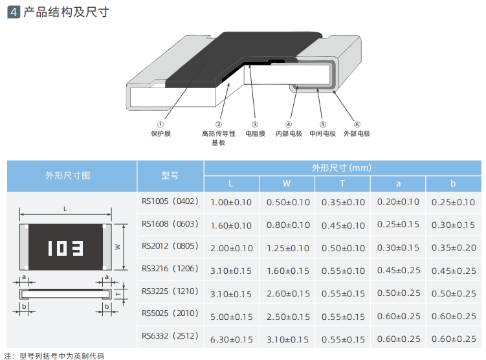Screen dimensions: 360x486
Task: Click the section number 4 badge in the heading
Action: coord(12,12)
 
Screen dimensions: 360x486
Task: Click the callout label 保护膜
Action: coord(160,134)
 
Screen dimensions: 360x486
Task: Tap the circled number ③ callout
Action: coord(255,124)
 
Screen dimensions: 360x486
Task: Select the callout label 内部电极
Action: coord(289,134)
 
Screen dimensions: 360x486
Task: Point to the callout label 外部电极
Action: coord(357,134)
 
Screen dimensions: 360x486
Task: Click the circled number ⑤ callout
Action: coord(322,124)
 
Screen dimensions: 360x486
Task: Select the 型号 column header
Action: coord(170,175)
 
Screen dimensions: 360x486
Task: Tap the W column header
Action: coord(287,183)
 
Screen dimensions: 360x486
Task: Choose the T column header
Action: coord(342,183)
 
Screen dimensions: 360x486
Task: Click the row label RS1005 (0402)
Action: coord(170,202)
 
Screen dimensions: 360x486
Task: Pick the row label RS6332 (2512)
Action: coord(170,337)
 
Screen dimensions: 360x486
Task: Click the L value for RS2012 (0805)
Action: coord(231,248)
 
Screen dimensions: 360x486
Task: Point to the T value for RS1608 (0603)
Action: coord(343,225)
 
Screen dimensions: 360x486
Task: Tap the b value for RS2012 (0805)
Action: coord(454,248)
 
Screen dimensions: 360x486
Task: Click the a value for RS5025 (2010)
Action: coord(398,317)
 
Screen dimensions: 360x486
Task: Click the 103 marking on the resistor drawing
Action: coord(65,248)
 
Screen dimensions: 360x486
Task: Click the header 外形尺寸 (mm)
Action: coord(342,168)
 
